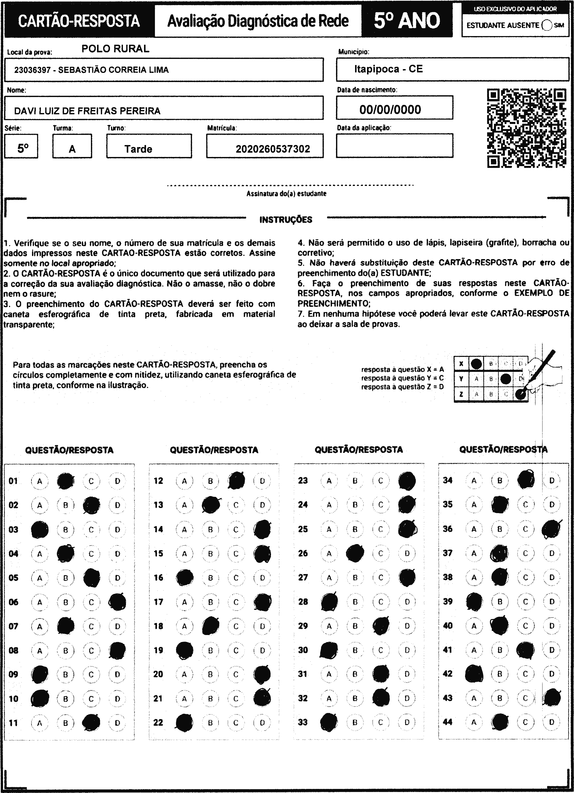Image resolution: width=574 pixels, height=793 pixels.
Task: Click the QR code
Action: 527,128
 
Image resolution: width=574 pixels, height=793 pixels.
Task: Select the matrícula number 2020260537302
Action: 273,149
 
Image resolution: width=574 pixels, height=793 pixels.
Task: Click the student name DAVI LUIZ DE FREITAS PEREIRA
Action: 87,111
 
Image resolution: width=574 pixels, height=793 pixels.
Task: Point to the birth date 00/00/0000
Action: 390,110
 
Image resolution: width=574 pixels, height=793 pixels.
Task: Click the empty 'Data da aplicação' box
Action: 394,146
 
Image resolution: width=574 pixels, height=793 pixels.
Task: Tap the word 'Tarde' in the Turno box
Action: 138,149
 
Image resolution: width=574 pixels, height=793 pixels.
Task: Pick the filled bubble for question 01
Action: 65,481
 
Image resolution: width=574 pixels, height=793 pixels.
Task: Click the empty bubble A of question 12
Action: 184,481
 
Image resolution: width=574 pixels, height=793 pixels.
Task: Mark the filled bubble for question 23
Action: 407,481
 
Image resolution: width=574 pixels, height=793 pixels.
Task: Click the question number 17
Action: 158,602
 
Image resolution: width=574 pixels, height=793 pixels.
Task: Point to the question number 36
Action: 448,529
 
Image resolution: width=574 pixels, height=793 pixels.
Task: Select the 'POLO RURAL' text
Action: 115,49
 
